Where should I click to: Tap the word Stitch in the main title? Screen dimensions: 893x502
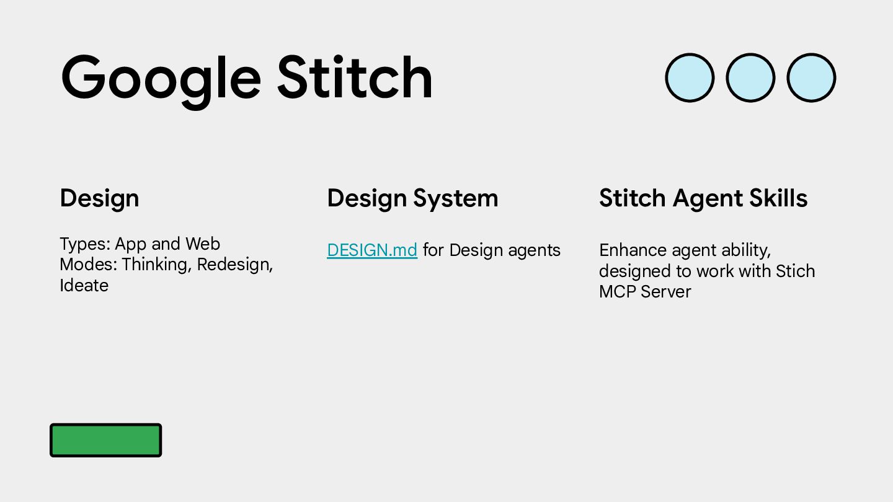[355, 76]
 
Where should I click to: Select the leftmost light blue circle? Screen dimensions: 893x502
[690, 77]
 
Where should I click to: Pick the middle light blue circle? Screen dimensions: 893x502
[750, 77]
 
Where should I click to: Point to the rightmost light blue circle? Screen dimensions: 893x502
[811, 77]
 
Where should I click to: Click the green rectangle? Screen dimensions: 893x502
[105, 440]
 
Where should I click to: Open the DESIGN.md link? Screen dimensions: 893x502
[372, 250]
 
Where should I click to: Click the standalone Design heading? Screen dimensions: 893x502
[99, 198]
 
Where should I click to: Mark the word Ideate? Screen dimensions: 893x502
[84, 285]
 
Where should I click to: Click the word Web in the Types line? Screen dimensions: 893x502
[203, 244]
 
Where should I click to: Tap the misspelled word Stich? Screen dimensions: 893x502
[795, 271]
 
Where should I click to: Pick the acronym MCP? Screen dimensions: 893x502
[618, 292]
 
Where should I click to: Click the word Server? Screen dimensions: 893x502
[666, 292]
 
